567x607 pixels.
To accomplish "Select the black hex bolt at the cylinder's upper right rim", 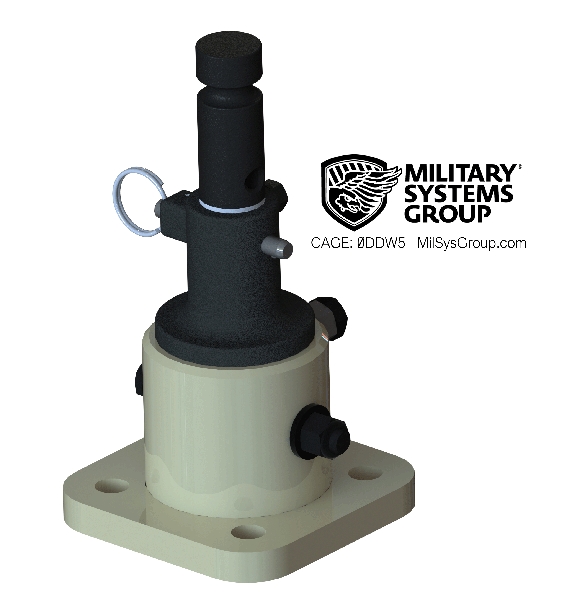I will [x=329, y=318].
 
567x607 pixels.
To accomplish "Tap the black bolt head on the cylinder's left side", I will [x=137, y=380].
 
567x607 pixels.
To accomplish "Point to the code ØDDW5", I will [x=381, y=243].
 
